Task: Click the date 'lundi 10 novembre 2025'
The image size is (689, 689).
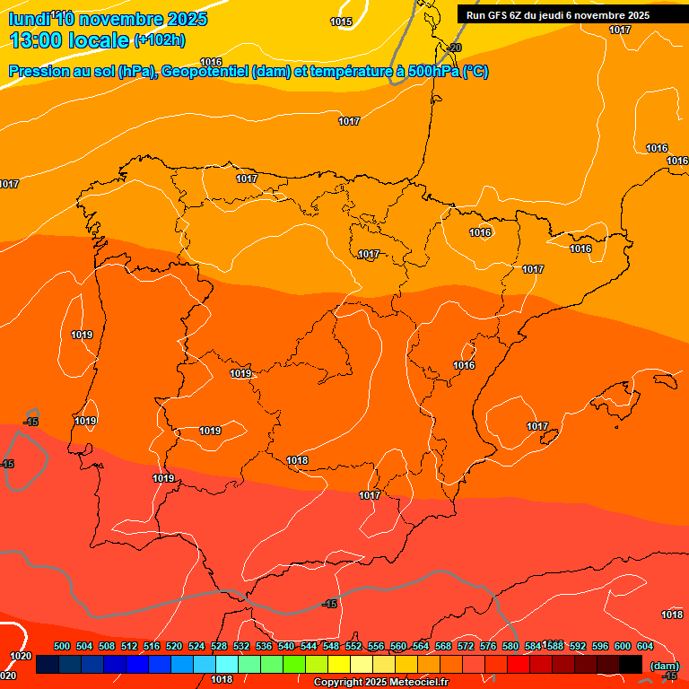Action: pos(108,20)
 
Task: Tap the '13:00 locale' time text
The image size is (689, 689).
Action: pos(69,40)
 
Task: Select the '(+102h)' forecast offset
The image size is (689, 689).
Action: pos(159,40)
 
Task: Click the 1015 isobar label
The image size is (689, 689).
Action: pos(341,22)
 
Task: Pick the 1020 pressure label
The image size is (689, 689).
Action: pos(21,656)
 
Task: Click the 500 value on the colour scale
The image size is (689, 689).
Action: pos(62,646)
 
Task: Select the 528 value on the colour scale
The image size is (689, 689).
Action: pos(219,646)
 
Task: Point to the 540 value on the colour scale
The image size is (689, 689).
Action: pos(286,646)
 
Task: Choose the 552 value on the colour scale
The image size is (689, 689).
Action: pos(353,646)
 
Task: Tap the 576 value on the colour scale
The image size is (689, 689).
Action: pos(488,646)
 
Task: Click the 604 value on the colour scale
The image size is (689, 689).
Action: pos(645,646)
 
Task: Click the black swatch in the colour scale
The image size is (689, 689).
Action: pos(631,664)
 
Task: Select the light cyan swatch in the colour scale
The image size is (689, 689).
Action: pos(227,664)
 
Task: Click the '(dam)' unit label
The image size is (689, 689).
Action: pos(664,665)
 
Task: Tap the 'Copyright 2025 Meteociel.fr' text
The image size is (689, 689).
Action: pos(380,682)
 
